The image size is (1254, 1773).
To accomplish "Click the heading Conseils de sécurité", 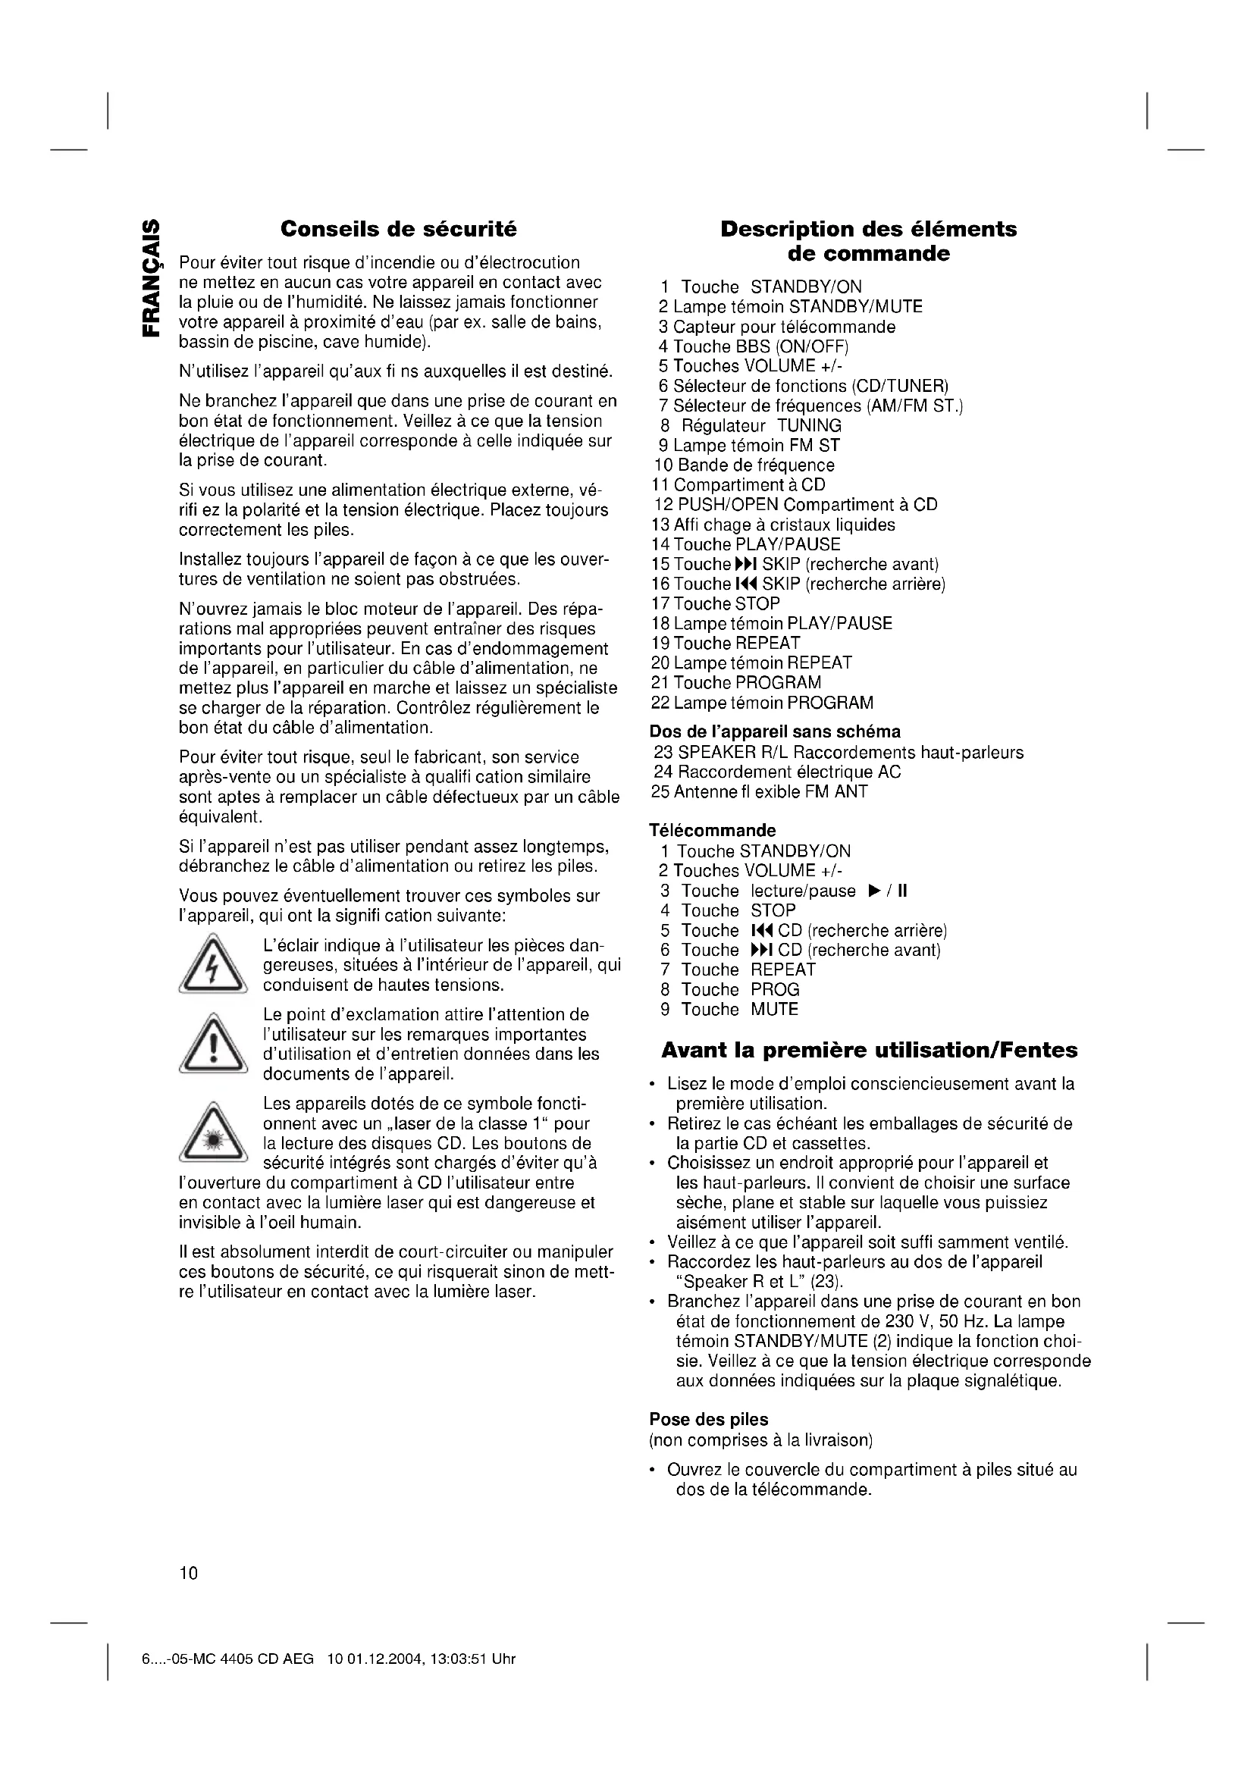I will [x=399, y=230].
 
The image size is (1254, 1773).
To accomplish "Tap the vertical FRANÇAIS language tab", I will [x=152, y=279].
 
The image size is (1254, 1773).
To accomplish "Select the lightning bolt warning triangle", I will [x=213, y=964].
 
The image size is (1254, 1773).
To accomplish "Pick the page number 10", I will [x=189, y=1573].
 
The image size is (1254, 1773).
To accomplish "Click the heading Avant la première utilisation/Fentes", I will [x=869, y=1050].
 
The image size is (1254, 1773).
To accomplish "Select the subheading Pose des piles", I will [x=708, y=1419].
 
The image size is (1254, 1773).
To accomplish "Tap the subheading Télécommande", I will [x=712, y=831].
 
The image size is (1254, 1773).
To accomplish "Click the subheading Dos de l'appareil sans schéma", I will [x=776, y=731].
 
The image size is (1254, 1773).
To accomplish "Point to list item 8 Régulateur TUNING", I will [x=751, y=425].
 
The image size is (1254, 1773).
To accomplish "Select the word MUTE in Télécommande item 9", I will [x=775, y=1009].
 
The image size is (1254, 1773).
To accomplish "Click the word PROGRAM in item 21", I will [x=779, y=683].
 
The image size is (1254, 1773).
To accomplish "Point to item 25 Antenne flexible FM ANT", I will [x=760, y=791].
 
